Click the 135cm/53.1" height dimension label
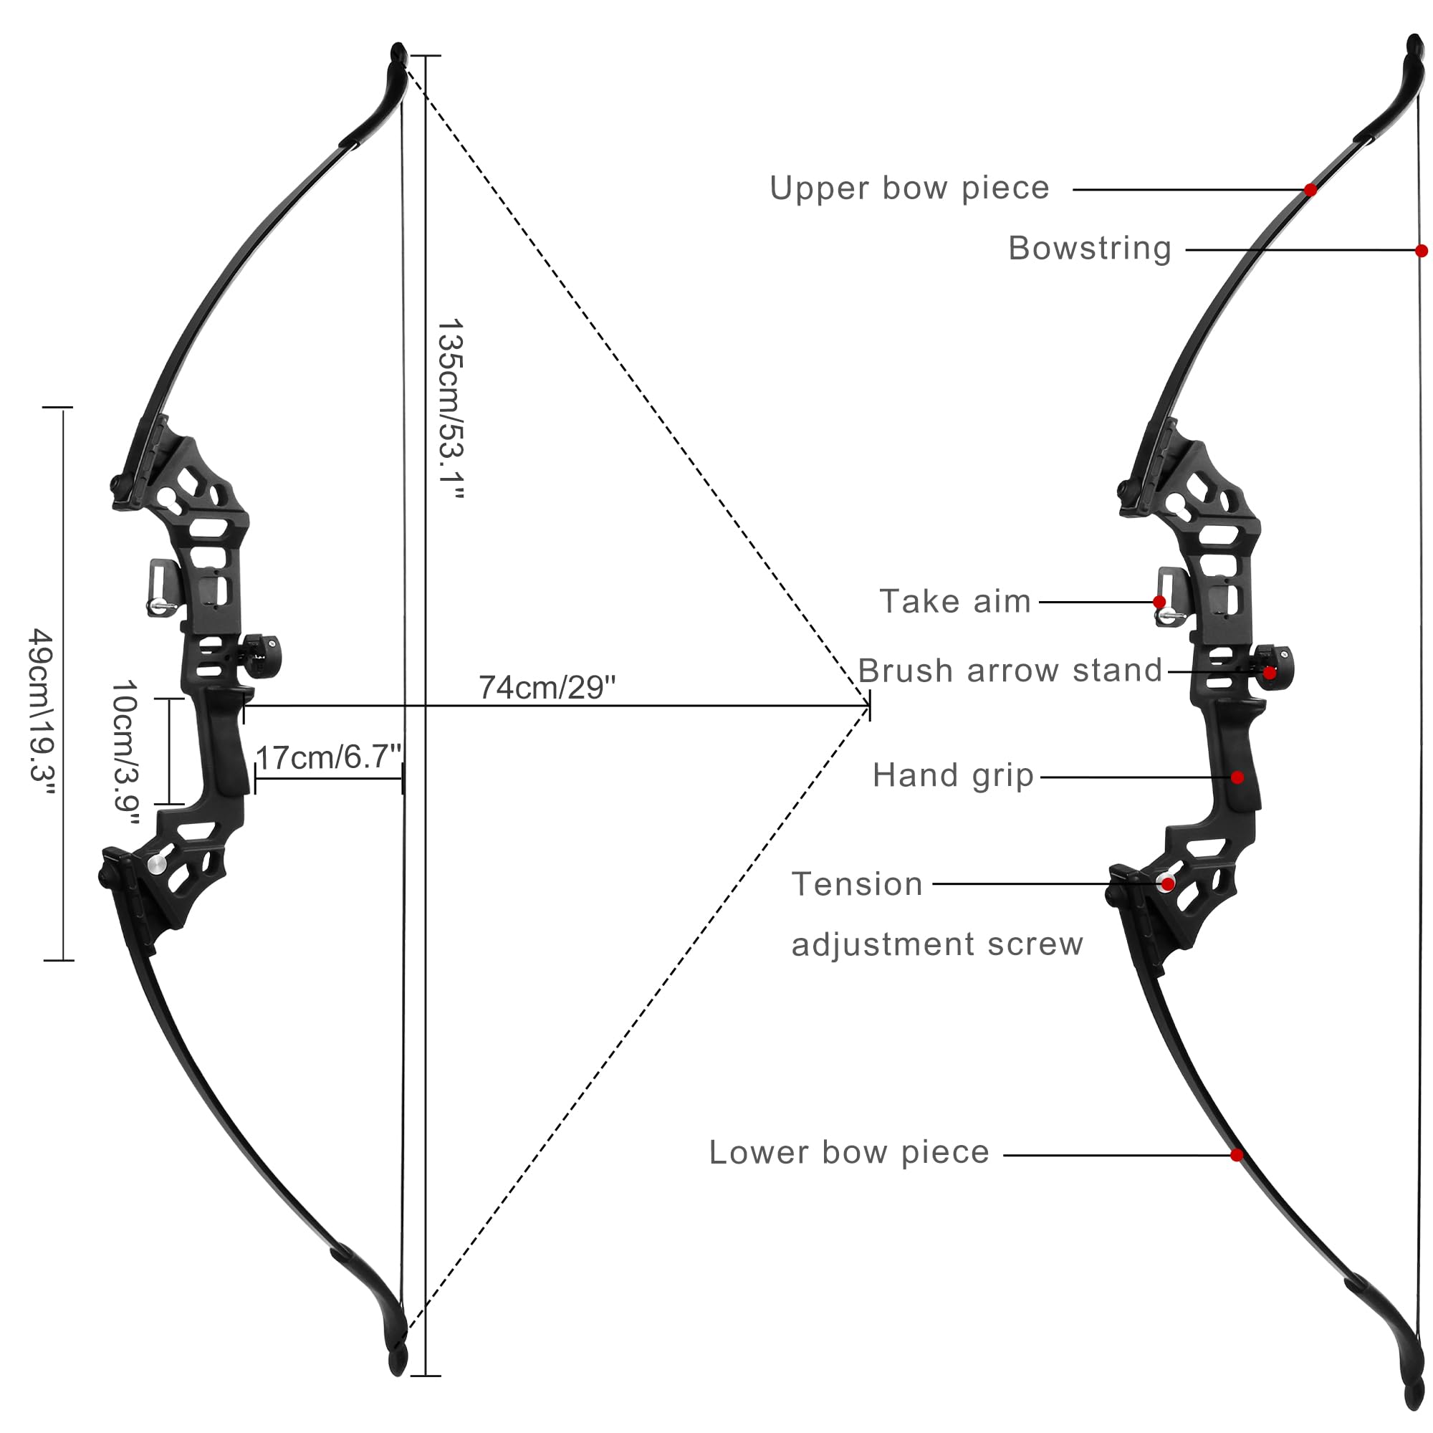(451, 409)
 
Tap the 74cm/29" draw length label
(547, 688)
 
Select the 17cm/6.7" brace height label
(329, 757)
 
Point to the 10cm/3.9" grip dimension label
(125, 754)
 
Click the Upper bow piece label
(909, 188)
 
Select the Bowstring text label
(1090, 248)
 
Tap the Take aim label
(955, 602)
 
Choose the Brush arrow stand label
(1010, 671)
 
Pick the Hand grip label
(953, 776)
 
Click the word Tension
(857, 884)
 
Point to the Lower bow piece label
(849, 1153)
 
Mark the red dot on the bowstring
(1421, 251)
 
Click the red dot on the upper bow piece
(1310, 190)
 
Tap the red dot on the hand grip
(1237, 777)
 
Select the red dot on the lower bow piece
(1237, 1155)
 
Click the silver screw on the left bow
(157, 863)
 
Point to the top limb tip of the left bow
(398, 50)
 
